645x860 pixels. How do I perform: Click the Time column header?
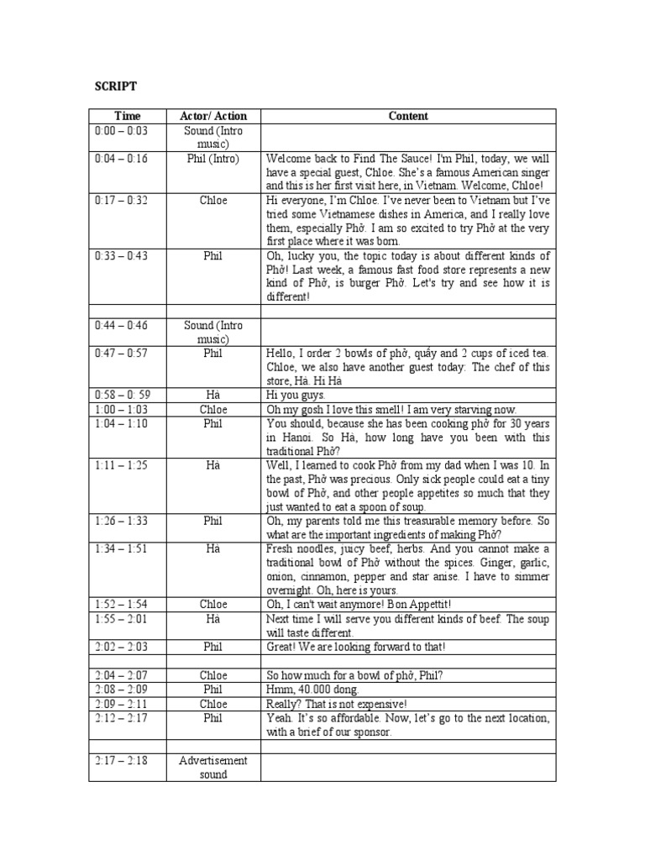pos(128,116)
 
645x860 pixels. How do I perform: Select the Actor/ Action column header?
pos(213,116)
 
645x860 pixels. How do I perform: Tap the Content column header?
pos(408,116)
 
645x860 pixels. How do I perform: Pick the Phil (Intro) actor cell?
pos(213,158)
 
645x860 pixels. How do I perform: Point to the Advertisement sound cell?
pos(213,768)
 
